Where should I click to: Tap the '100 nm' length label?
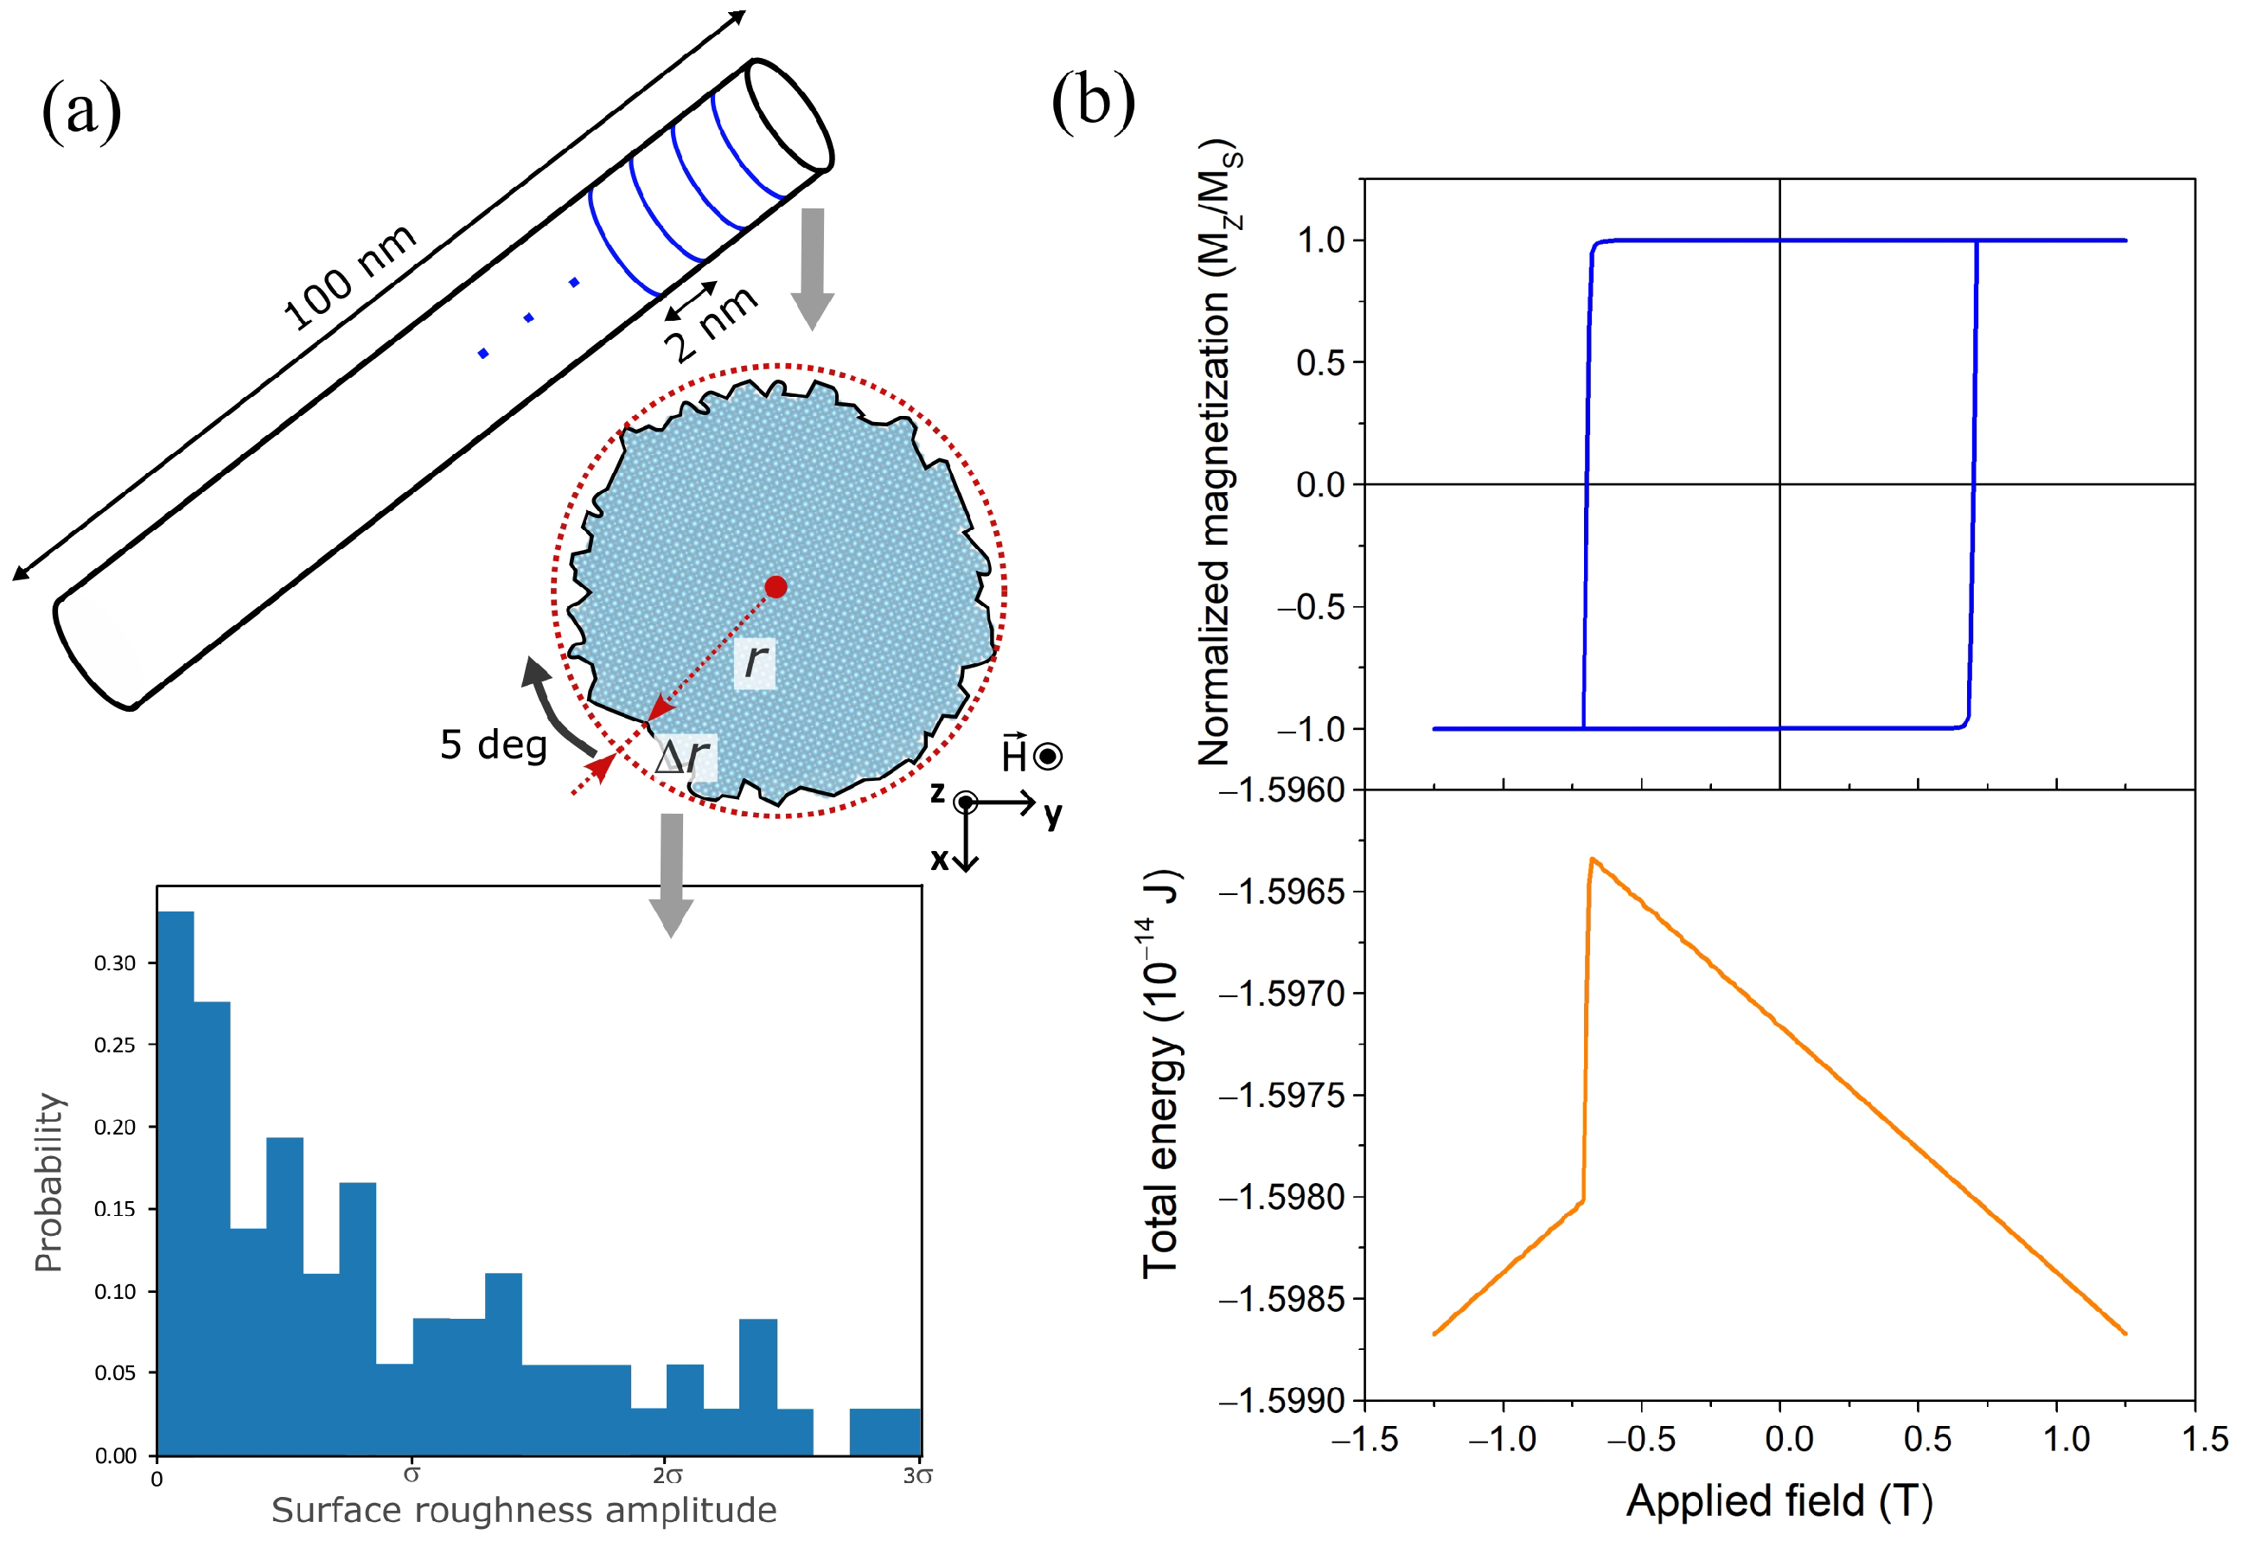348,278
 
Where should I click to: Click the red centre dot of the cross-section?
776,586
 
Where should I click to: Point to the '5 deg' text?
494,745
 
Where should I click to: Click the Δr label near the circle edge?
683,757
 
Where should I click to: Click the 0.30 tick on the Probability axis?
115,963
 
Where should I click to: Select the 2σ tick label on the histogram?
667,1476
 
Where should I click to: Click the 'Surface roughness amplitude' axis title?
524,1510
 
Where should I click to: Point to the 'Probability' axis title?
48,1182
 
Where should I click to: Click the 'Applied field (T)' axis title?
1779,1500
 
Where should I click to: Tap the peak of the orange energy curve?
1592,859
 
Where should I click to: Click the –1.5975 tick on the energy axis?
1287,1097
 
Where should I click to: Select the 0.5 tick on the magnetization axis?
1320,363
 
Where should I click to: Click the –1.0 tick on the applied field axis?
1502,1439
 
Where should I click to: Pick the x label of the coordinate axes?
940,859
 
